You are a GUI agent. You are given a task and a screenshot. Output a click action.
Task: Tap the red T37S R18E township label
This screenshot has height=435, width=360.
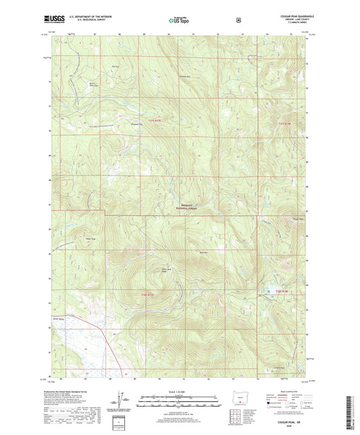284,123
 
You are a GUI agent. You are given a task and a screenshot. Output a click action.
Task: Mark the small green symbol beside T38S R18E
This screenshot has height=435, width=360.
268,291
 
